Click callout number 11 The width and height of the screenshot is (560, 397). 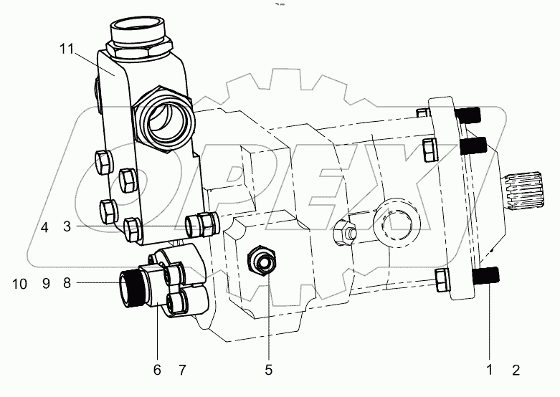67,49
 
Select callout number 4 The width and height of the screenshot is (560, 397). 44,228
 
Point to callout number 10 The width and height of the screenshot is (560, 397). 19,284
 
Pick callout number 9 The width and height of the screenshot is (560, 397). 44,284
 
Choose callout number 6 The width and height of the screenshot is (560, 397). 157,370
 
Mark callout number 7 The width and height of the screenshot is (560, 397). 181,370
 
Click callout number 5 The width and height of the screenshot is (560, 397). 268,370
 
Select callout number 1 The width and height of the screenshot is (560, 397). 490,370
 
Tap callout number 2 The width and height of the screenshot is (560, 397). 516,370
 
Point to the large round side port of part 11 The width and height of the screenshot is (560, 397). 163,116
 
